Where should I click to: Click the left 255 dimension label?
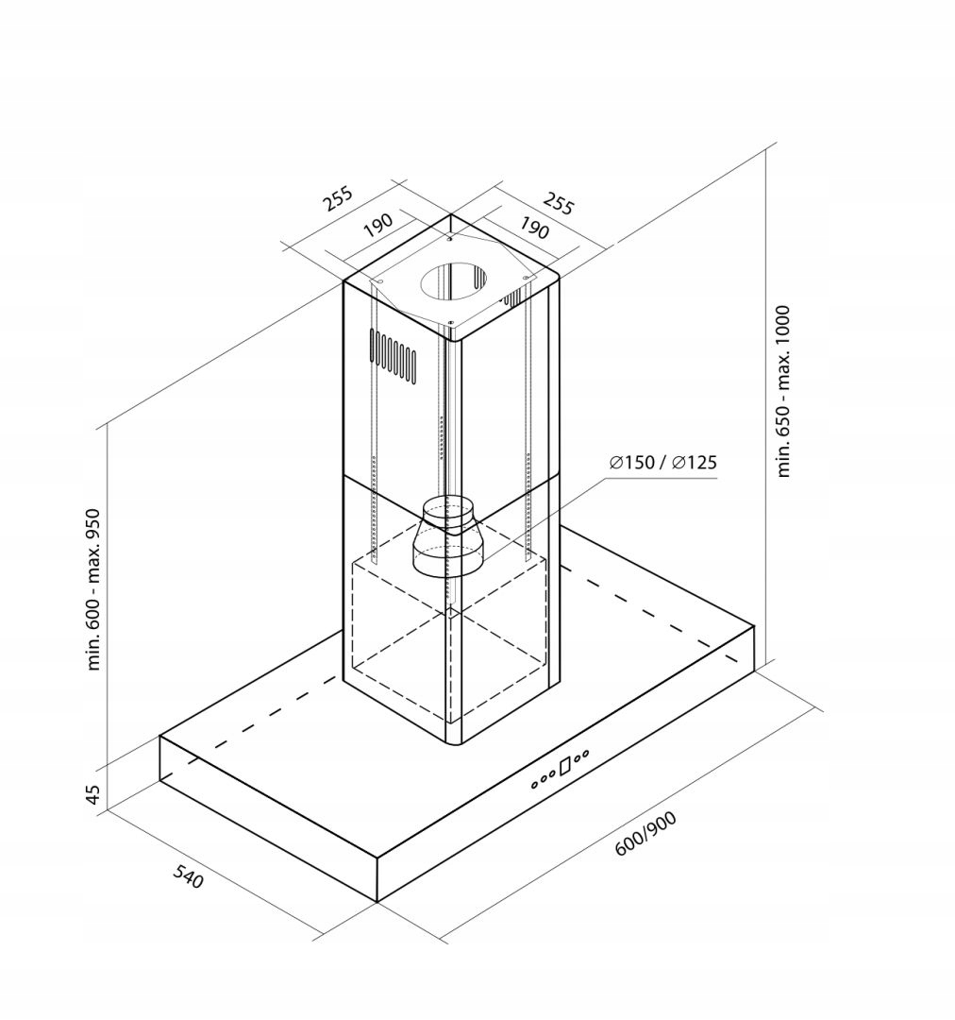(339, 198)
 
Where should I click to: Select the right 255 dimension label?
(559, 203)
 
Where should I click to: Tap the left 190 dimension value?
(377, 225)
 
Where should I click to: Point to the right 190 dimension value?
(534, 228)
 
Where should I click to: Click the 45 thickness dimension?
(93, 793)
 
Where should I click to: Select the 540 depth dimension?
(189, 877)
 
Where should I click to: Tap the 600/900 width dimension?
(645, 834)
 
